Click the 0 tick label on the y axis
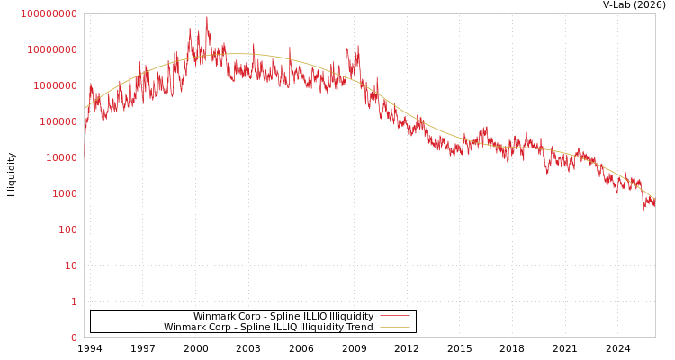tap(74, 337)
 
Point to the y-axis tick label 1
tap(74, 301)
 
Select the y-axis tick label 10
tap(71, 265)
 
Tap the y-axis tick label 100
tap(68, 229)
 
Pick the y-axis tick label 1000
tap(66, 193)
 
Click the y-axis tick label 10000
tap(63, 157)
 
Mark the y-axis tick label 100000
tap(60, 121)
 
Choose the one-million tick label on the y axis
tap(58, 85)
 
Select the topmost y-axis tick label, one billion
tap(49, 13)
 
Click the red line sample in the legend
tap(395, 317)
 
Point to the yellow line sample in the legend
tap(395, 328)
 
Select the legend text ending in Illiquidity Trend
tap(268, 328)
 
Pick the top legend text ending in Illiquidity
tap(283, 317)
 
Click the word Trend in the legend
tap(359, 328)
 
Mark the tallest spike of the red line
tap(207, 17)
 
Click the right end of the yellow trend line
tap(654, 199)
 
